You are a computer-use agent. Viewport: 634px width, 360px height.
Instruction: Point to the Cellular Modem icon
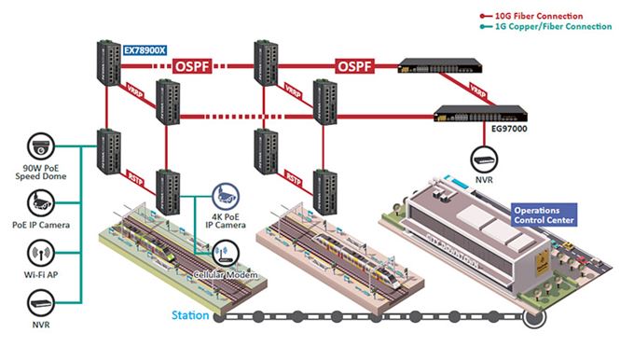[224, 252]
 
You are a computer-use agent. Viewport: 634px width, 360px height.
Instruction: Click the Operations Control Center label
[544, 215]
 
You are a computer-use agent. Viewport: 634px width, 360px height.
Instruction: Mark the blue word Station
[189, 316]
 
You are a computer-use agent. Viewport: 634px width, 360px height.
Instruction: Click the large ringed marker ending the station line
[534, 318]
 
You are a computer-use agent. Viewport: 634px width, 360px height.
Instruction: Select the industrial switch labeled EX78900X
[107, 62]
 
